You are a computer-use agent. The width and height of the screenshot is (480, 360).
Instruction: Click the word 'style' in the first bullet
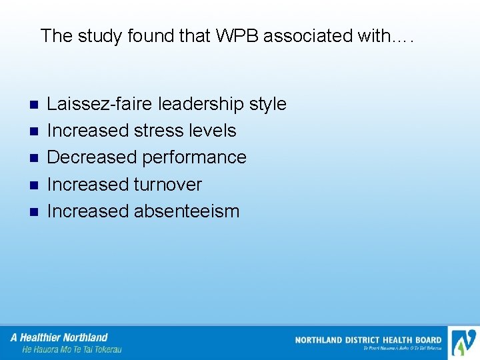tap(267, 104)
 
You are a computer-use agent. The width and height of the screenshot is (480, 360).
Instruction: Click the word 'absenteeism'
tap(187, 211)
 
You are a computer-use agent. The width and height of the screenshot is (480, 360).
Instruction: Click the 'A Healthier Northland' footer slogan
tap(59, 337)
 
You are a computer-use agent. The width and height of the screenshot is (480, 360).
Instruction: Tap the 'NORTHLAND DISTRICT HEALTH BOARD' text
tap(368, 340)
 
